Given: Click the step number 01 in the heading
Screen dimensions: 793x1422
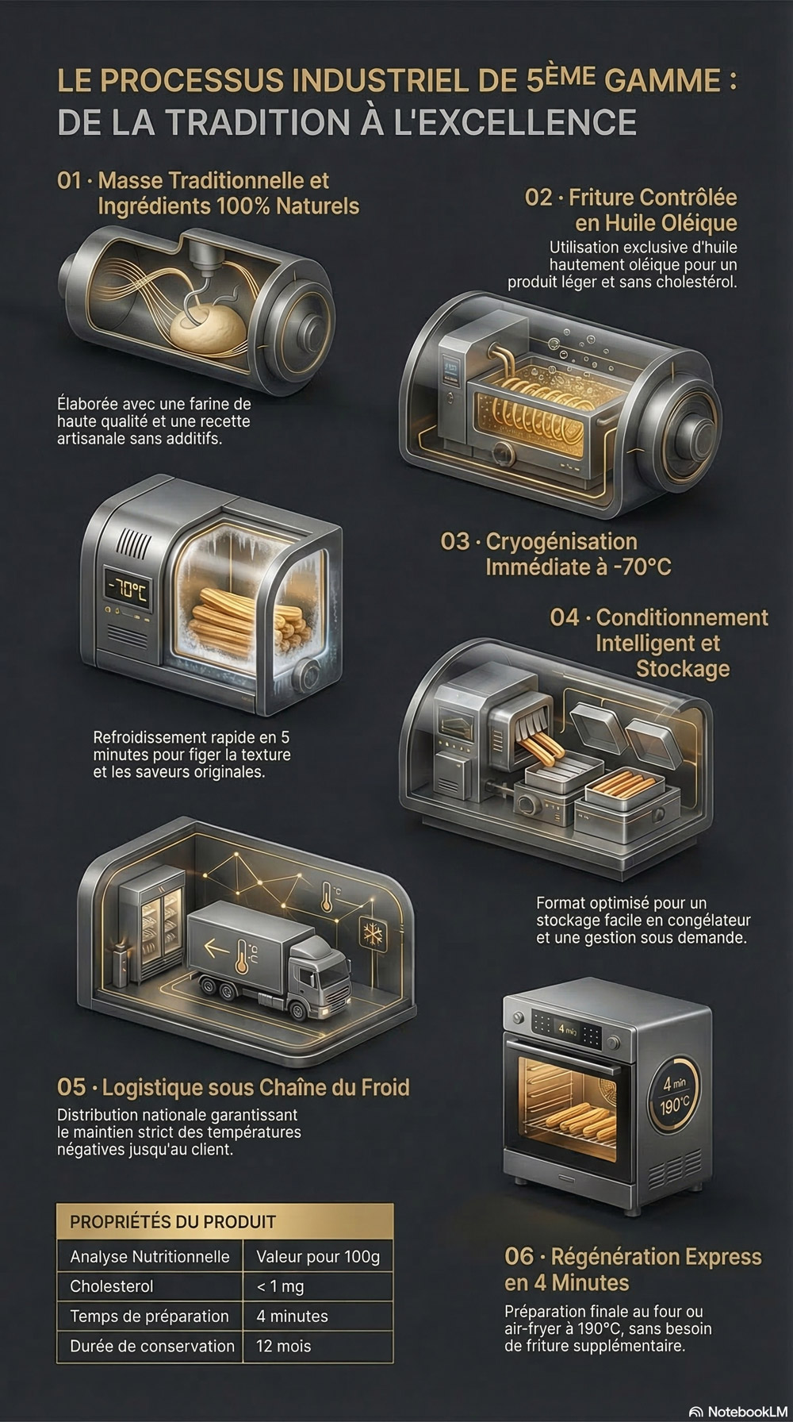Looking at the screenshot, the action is click(70, 181).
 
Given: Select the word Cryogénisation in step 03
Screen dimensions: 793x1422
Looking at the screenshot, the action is click(561, 542).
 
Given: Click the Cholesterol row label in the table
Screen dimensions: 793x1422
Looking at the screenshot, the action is click(112, 1286).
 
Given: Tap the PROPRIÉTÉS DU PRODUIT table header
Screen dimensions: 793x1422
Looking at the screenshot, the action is click(173, 1222).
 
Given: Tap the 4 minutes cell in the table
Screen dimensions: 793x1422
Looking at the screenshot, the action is click(292, 1316).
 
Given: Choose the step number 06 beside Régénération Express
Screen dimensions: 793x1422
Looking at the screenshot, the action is click(519, 1257).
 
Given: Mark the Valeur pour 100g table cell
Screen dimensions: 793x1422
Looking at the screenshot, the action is click(318, 1257).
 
